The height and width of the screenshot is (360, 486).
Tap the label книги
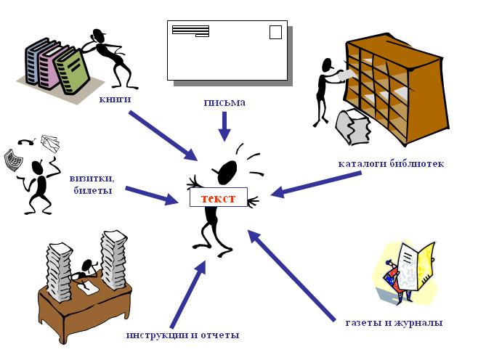pyautogui.click(x=116, y=99)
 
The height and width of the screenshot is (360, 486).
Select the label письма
pyautogui.click(x=224, y=102)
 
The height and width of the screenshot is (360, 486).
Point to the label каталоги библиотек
pyautogui.click(x=391, y=163)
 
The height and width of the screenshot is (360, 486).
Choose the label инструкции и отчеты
pyautogui.click(x=182, y=335)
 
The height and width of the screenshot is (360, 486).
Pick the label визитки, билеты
pyautogui.click(x=91, y=184)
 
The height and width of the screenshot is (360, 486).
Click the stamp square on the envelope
pyautogui.click(x=275, y=32)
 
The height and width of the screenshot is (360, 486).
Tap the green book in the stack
pyautogui.click(x=73, y=71)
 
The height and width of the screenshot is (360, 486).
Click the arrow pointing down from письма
pyautogui.click(x=224, y=126)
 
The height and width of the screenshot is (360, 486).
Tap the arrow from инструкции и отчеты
pyautogui.click(x=186, y=294)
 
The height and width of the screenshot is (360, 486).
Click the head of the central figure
pyautogui.click(x=227, y=171)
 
